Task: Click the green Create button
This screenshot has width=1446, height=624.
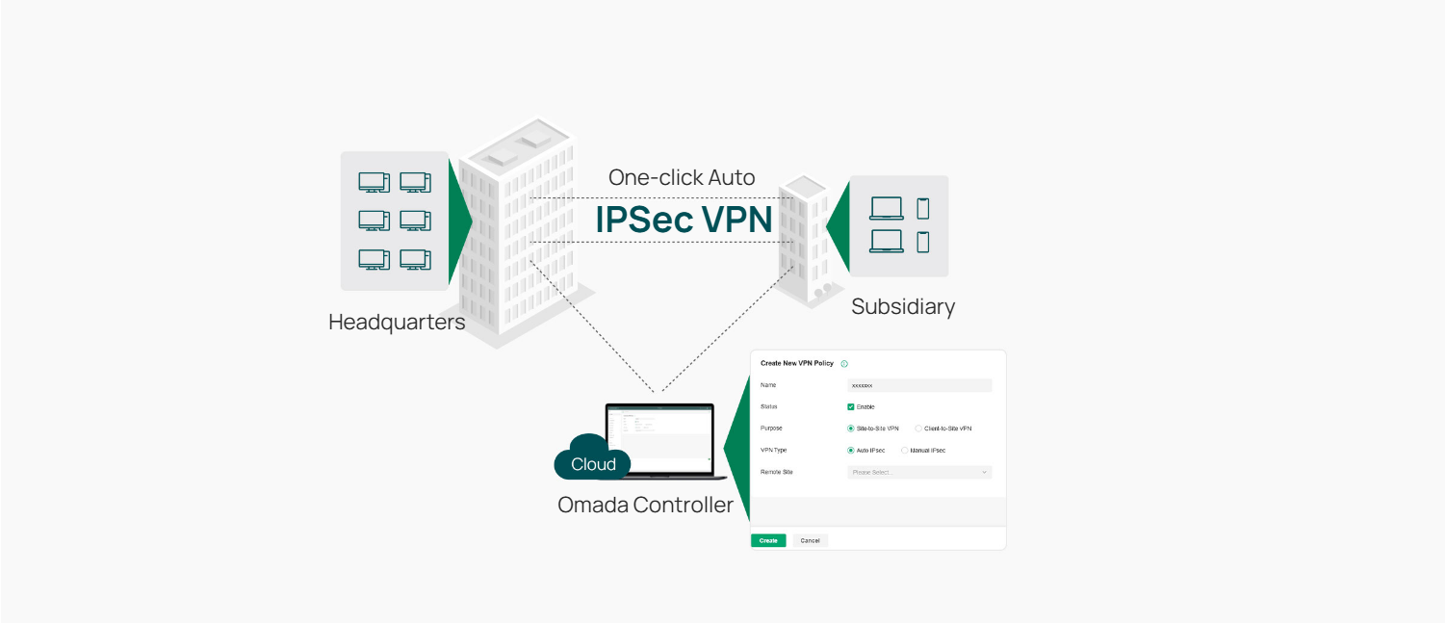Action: (x=768, y=540)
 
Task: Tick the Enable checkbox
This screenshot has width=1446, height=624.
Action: (x=851, y=406)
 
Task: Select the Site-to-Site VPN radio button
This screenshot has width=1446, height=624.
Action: (x=851, y=429)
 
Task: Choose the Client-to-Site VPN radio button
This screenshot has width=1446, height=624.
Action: (x=918, y=429)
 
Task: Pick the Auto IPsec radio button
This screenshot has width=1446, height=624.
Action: (x=851, y=450)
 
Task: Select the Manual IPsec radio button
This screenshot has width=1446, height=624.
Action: (x=904, y=450)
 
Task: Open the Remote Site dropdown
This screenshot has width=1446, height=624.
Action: (x=918, y=472)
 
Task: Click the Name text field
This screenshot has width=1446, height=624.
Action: (x=918, y=385)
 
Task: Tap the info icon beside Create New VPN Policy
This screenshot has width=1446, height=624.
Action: (x=844, y=364)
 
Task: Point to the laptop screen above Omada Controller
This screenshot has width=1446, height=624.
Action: (x=659, y=438)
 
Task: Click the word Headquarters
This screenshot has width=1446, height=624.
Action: (x=397, y=322)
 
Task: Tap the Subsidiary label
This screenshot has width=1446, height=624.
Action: (x=903, y=307)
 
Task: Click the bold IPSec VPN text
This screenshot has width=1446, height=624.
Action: (x=684, y=220)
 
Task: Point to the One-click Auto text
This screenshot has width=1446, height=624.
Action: (x=682, y=177)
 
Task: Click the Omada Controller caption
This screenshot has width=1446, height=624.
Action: (x=645, y=505)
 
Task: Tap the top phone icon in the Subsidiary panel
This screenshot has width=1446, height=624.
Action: (x=923, y=208)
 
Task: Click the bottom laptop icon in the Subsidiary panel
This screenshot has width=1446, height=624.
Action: (x=886, y=241)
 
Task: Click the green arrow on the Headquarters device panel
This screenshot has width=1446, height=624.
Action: (x=460, y=220)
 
